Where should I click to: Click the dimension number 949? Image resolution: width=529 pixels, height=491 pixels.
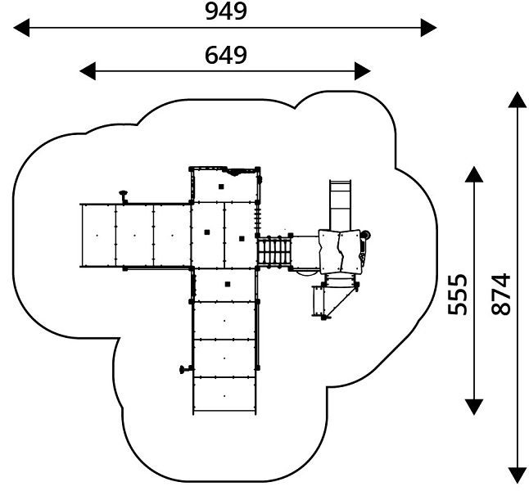pos(226,11)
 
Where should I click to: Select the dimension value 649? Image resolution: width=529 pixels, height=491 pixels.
pos(226,56)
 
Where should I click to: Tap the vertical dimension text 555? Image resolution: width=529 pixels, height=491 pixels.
pos(458,295)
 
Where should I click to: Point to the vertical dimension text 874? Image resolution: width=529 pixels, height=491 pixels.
pos(500,295)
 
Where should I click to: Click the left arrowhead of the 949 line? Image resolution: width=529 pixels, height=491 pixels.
pos(21,28)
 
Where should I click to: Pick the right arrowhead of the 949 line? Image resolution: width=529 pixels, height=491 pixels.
pos(429,28)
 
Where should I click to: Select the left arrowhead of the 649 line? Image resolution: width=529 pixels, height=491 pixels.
pos(88,71)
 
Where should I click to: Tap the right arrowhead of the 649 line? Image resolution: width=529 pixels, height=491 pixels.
pos(363,71)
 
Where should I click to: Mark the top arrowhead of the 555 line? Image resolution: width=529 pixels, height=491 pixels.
pos(474,174)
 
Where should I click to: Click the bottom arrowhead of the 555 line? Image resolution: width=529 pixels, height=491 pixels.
pos(474,407)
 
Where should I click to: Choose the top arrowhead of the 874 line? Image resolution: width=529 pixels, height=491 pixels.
pos(518,100)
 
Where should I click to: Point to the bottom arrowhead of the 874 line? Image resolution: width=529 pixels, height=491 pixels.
pos(518,475)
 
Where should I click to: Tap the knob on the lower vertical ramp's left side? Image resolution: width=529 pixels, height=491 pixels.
pos(185,369)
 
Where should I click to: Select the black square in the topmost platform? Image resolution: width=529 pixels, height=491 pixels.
pos(221,187)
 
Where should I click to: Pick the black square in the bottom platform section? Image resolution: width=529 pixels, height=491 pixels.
pos(228,284)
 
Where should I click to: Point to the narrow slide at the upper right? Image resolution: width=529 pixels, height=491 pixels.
pos(341,205)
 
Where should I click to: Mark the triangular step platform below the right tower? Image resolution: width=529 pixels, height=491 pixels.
pos(334,301)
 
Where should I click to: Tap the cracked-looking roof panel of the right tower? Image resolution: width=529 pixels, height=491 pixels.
pos(340,251)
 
